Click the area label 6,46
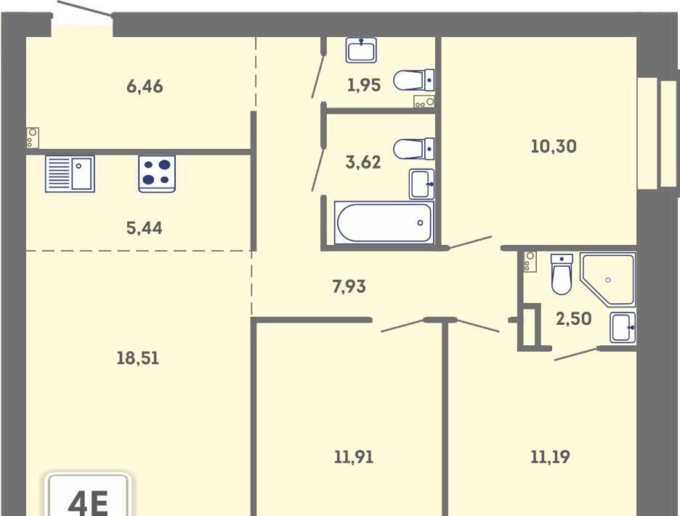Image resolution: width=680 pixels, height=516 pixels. [x=145, y=86]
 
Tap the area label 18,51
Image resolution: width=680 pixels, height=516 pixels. [x=138, y=358]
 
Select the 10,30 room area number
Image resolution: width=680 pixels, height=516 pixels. [x=554, y=146]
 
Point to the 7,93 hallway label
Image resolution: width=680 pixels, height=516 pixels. [x=349, y=286]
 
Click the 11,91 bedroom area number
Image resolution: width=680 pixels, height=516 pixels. [x=354, y=457]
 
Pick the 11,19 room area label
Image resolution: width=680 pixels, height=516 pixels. [x=551, y=456]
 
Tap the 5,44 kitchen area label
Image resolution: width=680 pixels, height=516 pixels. [x=145, y=227]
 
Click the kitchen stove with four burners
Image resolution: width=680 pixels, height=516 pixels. [x=157, y=174]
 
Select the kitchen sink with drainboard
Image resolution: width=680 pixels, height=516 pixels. [x=70, y=174]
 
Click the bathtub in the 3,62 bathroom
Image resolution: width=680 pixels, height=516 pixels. [x=384, y=222]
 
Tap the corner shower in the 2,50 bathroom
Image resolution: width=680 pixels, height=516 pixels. [x=607, y=280]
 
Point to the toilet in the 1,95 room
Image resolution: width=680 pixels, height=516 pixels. [x=413, y=80]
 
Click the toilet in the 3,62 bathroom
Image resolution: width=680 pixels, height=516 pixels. [x=413, y=149]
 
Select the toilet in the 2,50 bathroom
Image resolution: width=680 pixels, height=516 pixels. [x=561, y=274]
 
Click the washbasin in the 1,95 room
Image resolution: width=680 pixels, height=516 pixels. [x=361, y=50]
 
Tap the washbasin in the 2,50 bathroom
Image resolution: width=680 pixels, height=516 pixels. [x=623, y=327]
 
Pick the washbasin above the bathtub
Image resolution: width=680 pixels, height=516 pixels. [x=421, y=184]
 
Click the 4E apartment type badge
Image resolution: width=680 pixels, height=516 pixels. [x=88, y=495]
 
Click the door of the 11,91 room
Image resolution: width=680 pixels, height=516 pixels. [x=402, y=326]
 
